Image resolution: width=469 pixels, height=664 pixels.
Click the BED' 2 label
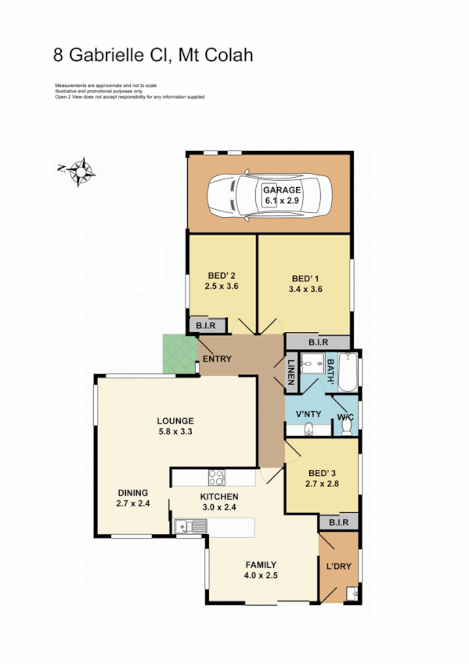coord(222,275)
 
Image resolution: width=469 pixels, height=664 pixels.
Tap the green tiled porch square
coord(178,354)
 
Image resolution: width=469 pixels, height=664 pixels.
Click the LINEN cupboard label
coord(290,371)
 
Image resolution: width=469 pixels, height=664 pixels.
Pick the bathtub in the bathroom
coord(348,374)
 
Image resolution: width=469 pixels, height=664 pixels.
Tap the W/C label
coord(345,417)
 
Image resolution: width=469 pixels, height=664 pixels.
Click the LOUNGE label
coord(175,420)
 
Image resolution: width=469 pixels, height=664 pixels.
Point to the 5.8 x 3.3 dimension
coord(175,431)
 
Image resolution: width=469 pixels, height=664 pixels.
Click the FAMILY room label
coord(261,564)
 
